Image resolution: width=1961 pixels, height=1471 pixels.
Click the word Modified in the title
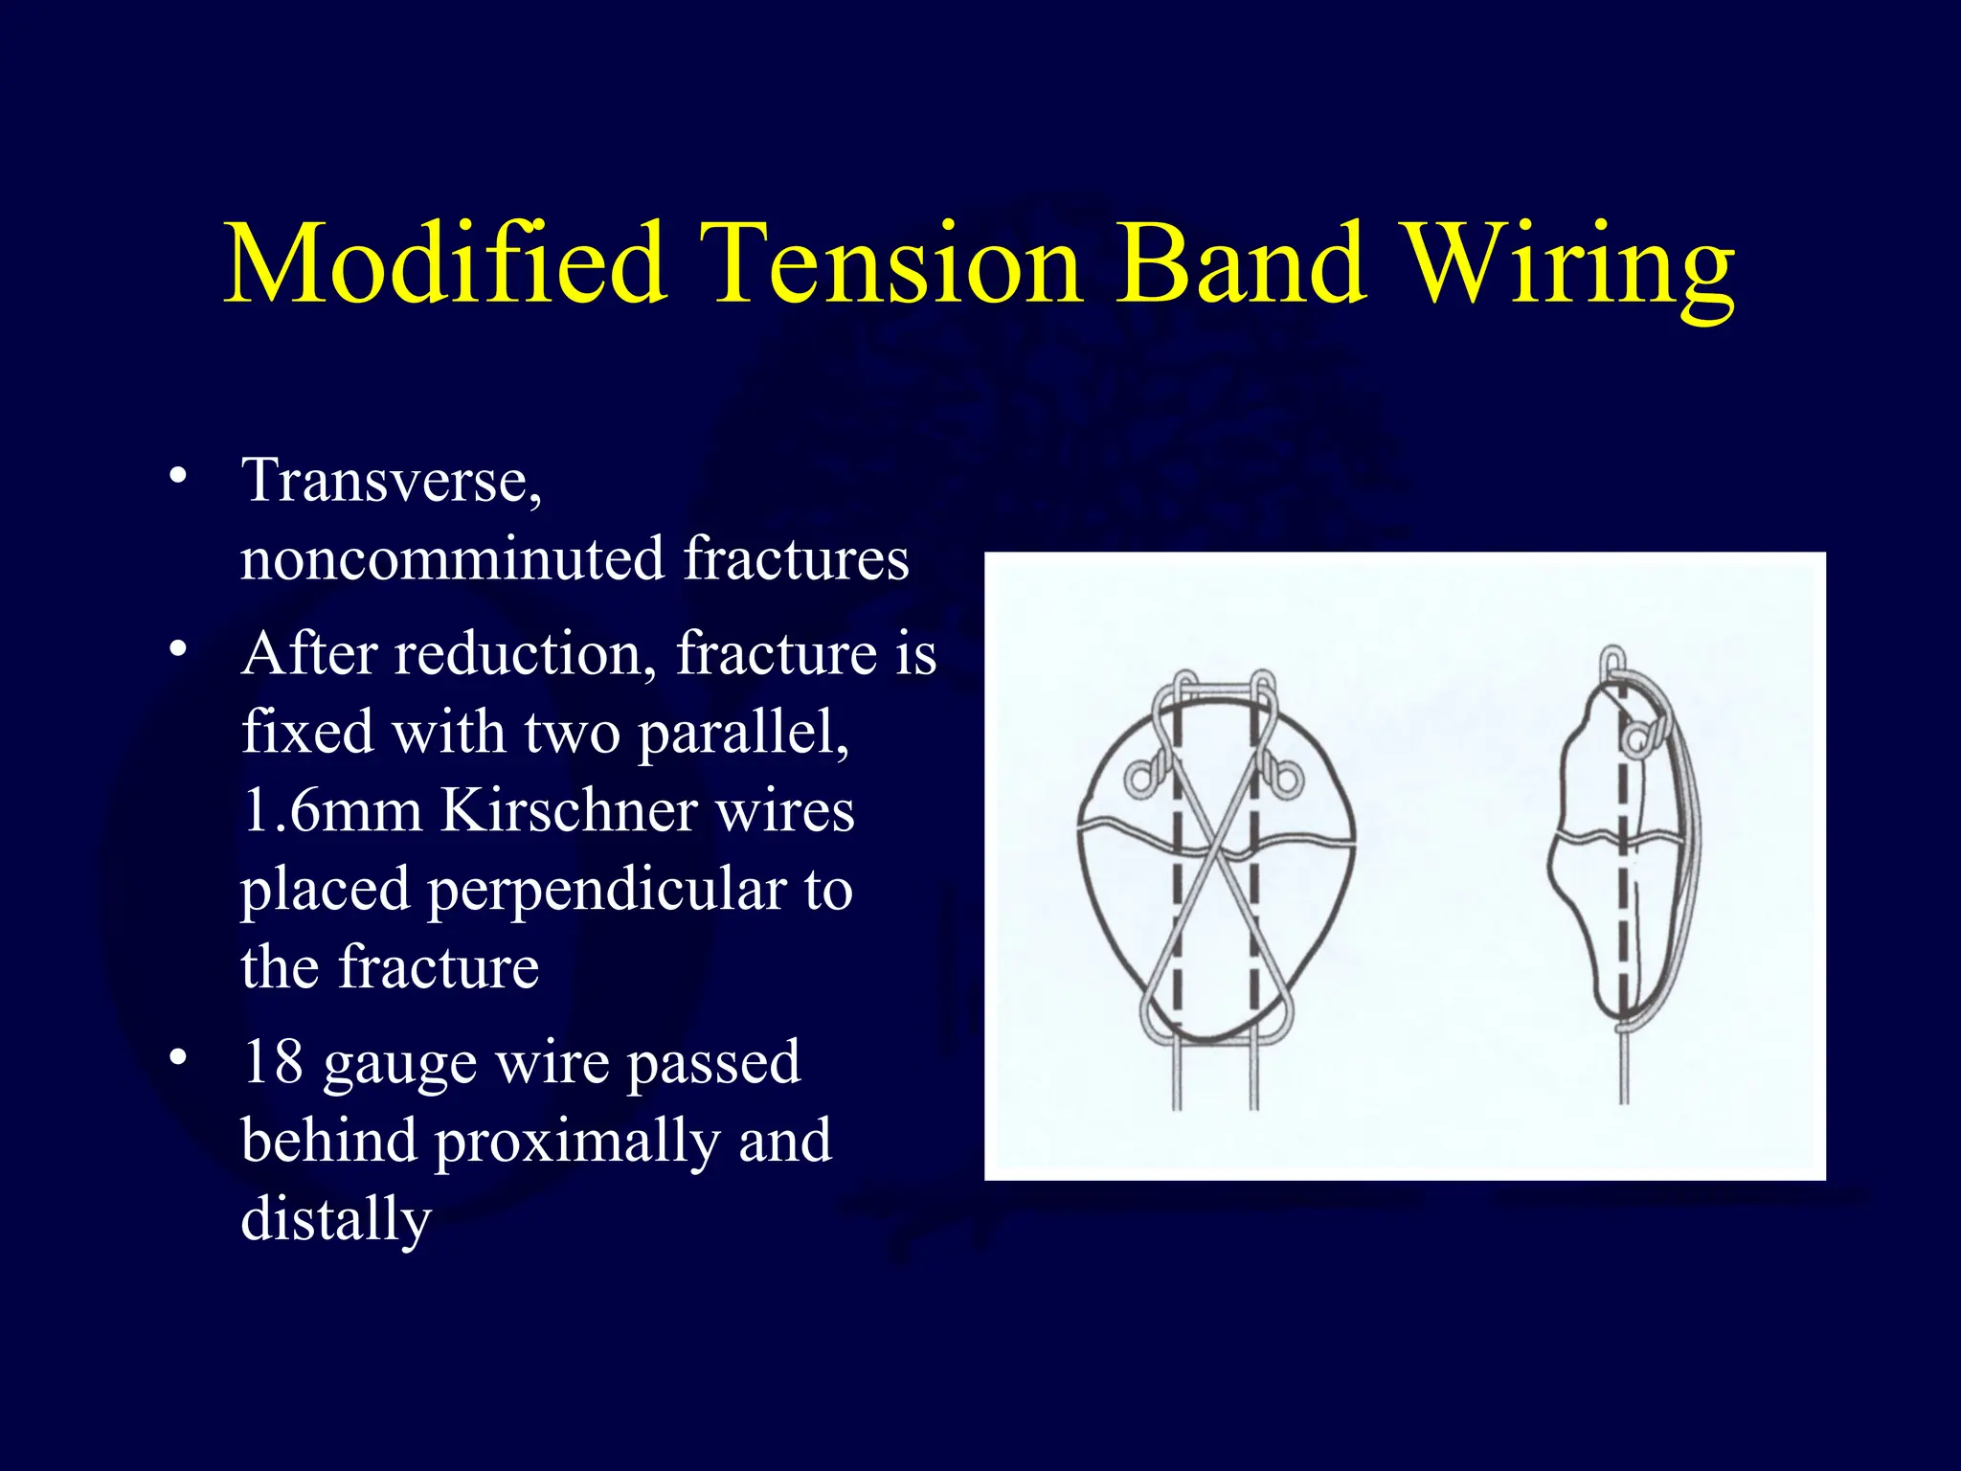click(x=445, y=263)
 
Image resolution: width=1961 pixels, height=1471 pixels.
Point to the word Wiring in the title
click(x=1570, y=268)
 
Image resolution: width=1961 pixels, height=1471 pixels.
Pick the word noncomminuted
click(x=452, y=559)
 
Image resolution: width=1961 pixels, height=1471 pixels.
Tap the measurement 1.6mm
click(x=331, y=811)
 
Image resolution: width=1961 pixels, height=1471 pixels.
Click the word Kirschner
click(x=569, y=811)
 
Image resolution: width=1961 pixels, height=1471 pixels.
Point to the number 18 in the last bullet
click(x=272, y=1063)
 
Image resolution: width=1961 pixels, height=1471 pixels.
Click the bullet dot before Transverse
click(x=177, y=476)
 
